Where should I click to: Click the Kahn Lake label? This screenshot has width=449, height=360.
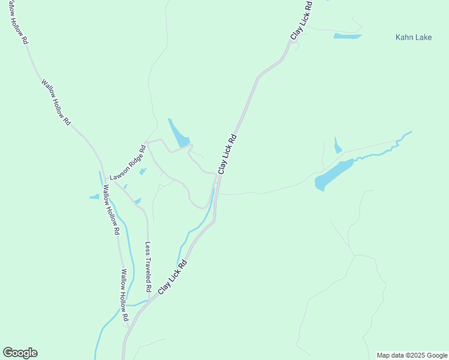click(x=414, y=37)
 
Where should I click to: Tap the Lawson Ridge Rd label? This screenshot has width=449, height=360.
click(x=128, y=163)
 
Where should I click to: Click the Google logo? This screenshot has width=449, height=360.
click(x=20, y=353)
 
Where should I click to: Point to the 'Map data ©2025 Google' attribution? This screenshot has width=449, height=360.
click(x=412, y=355)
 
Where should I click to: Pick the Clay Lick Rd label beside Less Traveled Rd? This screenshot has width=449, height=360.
click(x=173, y=277)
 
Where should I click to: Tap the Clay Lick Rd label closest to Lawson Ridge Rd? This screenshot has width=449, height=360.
click(x=227, y=154)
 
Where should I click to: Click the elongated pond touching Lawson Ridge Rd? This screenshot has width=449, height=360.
click(x=179, y=134)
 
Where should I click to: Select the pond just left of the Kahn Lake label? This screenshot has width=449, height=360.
click(x=347, y=37)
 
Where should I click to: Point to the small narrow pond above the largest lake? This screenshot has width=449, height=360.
click(x=337, y=146)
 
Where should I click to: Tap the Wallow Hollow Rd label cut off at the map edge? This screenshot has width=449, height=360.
click(x=17, y=25)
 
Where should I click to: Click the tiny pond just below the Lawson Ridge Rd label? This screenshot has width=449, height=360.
click(x=143, y=172)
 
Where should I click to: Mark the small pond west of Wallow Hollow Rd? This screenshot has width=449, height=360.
click(x=94, y=196)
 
